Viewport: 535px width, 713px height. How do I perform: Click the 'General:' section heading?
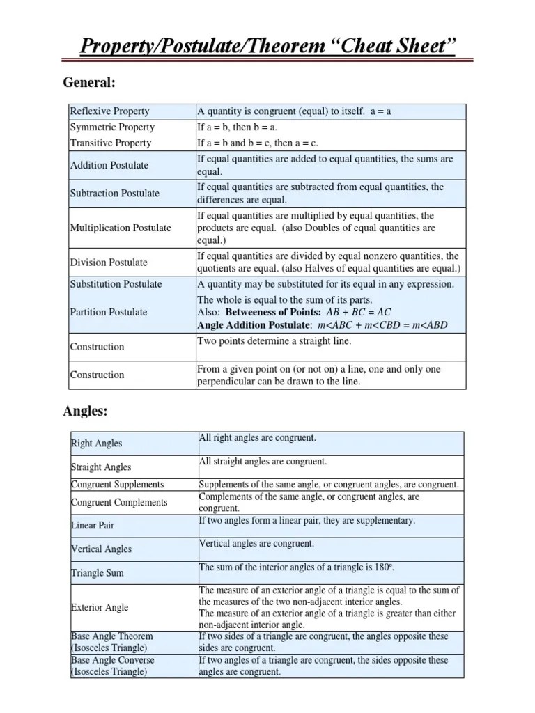(x=89, y=83)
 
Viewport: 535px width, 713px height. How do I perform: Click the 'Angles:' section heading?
(x=85, y=412)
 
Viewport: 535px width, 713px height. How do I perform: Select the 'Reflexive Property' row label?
(x=109, y=111)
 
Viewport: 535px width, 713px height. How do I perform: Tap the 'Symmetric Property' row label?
(x=112, y=127)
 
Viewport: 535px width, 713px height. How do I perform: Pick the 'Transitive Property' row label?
(x=111, y=143)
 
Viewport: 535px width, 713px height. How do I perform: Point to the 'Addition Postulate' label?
(x=109, y=165)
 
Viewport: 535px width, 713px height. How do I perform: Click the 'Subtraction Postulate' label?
(x=115, y=194)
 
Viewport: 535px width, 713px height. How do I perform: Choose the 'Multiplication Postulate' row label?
(x=121, y=228)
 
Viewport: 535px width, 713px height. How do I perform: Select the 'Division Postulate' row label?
(x=109, y=263)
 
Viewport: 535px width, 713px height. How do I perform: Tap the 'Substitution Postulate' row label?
(x=116, y=284)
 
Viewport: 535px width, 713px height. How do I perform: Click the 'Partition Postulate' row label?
(x=109, y=312)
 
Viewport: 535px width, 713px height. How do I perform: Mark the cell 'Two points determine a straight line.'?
(x=274, y=341)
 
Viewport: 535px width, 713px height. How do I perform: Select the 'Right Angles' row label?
(x=96, y=444)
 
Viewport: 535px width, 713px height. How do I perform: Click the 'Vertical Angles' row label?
(x=101, y=549)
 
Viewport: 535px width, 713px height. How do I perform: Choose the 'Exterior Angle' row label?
(x=100, y=607)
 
